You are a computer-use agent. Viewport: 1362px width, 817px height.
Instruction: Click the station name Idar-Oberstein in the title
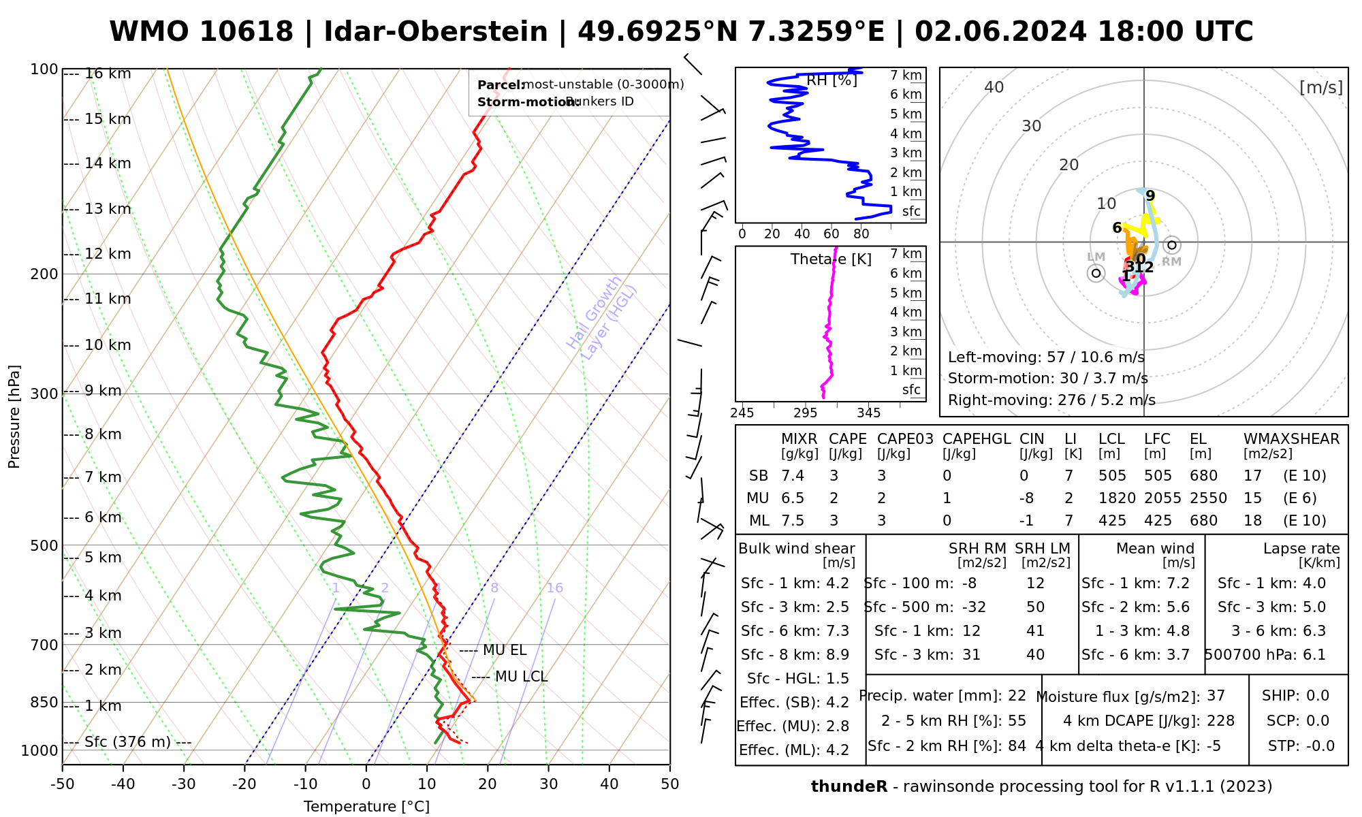pyautogui.click(x=436, y=32)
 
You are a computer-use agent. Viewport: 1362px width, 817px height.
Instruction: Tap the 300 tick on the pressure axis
pyautogui.click(x=45, y=394)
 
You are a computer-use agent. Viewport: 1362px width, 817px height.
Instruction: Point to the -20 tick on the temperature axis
pyautogui.click(x=244, y=784)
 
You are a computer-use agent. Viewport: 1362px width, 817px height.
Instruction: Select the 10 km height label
pyautogui.click(x=108, y=345)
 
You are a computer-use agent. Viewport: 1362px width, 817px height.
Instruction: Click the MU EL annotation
pyautogui.click(x=504, y=650)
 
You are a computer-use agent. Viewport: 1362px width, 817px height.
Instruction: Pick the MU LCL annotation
pyautogui.click(x=521, y=677)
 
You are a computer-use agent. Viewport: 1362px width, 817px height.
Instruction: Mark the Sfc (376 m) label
pyautogui.click(x=127, y=742)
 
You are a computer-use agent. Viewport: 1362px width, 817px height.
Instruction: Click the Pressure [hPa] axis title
pyautogui.click(x=14, y=417)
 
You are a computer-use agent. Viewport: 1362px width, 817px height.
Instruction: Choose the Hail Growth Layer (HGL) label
pyautogui.click(x=602, y=317)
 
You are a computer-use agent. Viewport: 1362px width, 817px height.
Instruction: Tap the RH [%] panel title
pyautogui.click(x=832, y=80)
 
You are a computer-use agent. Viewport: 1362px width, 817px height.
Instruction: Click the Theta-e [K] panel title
pyautogui.click(x=831, y=259)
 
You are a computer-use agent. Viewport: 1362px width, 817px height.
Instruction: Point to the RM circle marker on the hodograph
pyautogui.click(x=1171, y=245)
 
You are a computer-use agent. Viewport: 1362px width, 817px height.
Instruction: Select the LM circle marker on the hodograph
pyautogui.click(x=1096, y=273)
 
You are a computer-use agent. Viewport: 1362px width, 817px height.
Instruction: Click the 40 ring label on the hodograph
pyautogui.click(x=994, y=87)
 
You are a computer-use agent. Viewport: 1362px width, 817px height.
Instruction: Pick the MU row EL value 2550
pyautogui.click(x=1208, y=498)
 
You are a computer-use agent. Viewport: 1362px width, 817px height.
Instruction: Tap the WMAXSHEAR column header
pyautogui.click(x=1291, y=439)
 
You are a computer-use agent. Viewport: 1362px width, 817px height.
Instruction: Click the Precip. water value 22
pyautogui.click(x=1017, y=696)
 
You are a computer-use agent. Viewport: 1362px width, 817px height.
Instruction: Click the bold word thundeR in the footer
pyautogui.click(x=849, y=787)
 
